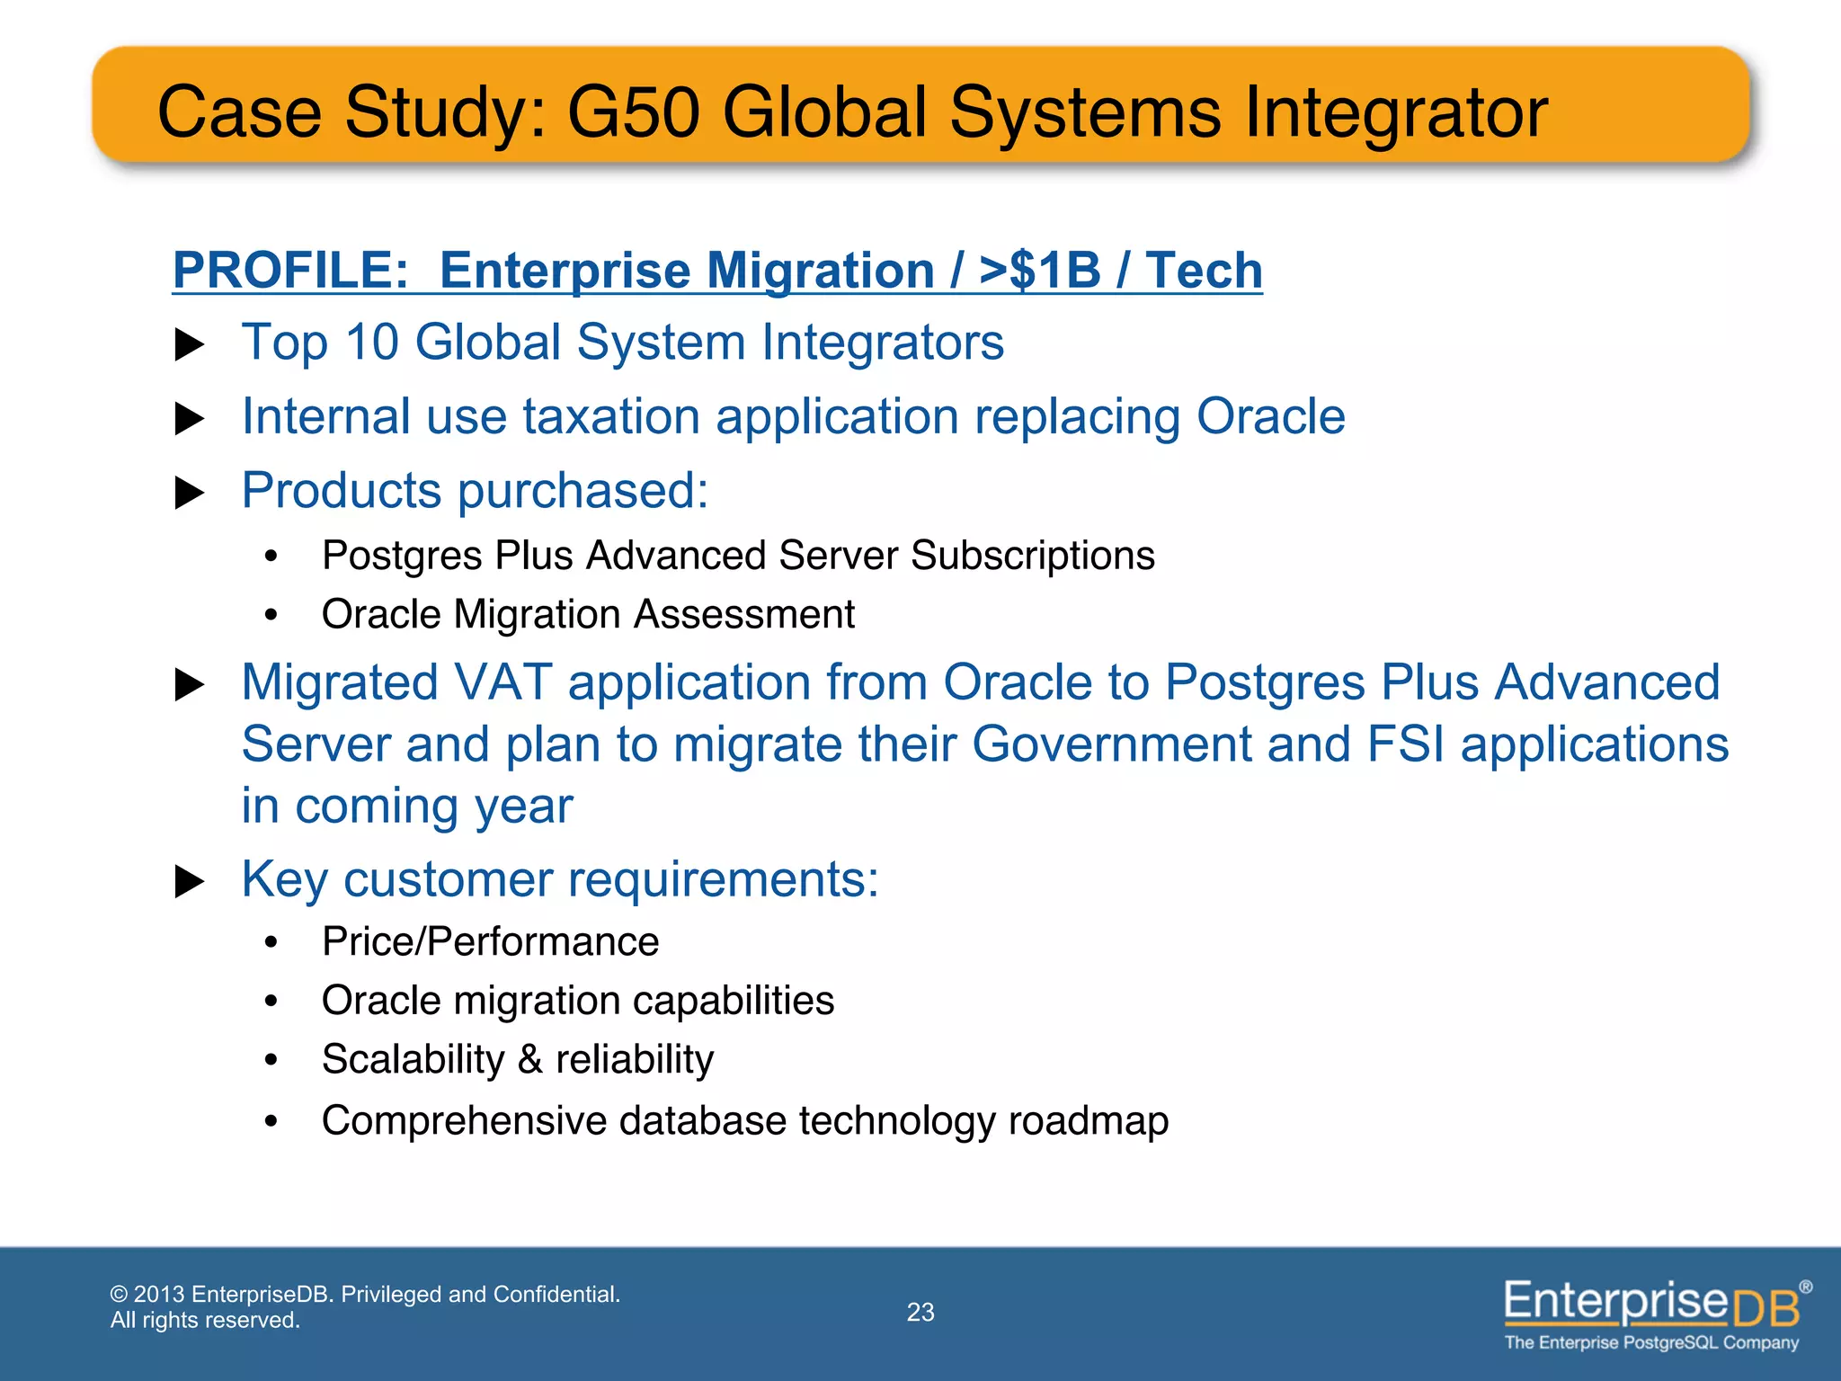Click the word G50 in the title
[x=634, y=112]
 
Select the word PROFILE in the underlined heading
[x=289, y=270]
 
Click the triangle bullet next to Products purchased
[x=189, y=493]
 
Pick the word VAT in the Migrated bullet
[x=503, y=682]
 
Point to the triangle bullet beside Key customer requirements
[x=189, y=881]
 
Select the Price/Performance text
[x=490, y=942]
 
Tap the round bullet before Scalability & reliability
[x=271, y=1060]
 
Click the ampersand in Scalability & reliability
[x=529, y=1060]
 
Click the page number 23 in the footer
[x=920, y=1313]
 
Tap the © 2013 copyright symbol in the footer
[x=119, y=1295]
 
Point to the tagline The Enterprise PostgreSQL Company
[x=1651, y=1343]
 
